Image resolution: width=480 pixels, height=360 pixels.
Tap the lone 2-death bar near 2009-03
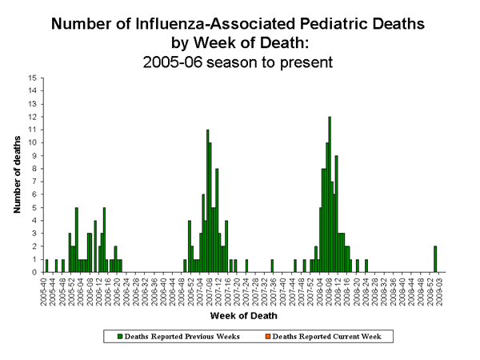tap(435, 259)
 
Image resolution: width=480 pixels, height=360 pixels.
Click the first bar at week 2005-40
tap(46, 266)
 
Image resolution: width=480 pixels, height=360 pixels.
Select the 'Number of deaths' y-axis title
tap(17, 175)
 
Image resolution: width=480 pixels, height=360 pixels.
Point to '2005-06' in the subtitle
tap(184, 59)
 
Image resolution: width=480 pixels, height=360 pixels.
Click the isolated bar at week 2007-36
tap(272, 266)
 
